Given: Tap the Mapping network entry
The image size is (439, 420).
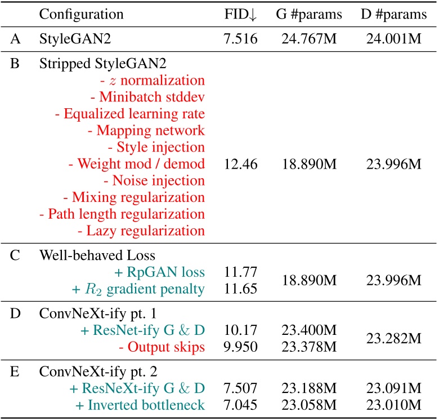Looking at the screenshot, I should pyautogui.click(x=146, y=131).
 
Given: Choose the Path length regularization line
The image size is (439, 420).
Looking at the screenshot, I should pyautogui.click(x=122, y=214).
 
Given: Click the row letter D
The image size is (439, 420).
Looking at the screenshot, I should pyautogui.click(x=16, y=314).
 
